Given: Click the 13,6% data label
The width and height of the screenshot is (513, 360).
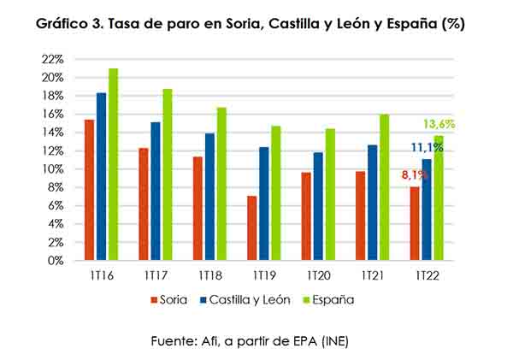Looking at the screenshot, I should pos(440,124).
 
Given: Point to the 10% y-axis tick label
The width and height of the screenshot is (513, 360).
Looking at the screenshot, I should pos(53,168).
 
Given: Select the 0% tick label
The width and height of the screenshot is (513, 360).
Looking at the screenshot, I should pos(56,261).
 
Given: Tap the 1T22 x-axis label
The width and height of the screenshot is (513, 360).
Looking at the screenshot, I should pos(427,277).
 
